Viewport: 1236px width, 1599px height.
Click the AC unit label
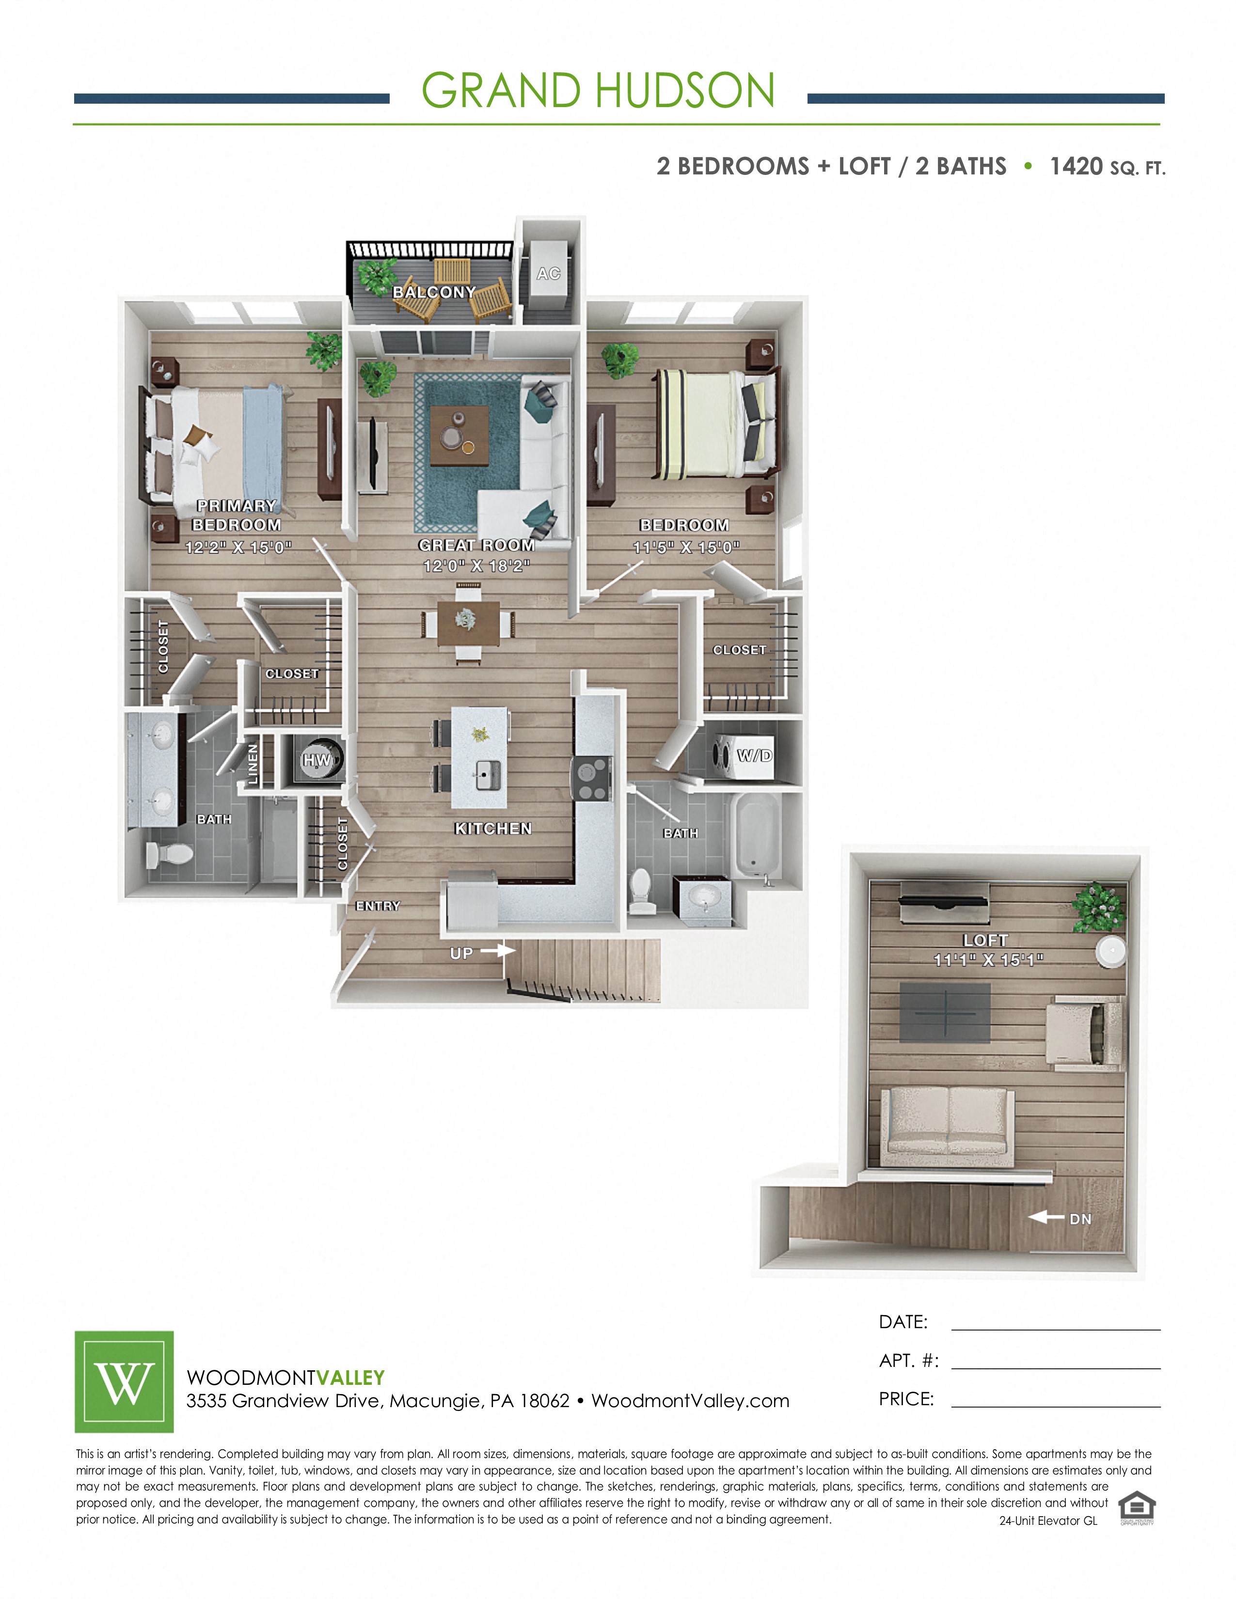coord(548,273)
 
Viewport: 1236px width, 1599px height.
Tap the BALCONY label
coord(434,292)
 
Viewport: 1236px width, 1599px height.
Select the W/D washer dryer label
coord(754,755)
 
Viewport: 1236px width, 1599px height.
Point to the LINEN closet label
coord(253,764)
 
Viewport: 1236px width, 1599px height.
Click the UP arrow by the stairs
coord(498,950)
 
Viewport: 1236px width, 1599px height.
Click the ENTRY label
coord(378,906)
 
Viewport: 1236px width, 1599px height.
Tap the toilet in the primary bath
coord(169,854)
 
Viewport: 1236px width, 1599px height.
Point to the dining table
coord(469,623)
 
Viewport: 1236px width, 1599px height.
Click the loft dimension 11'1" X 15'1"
coord(988,960)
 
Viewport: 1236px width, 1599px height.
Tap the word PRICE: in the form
coord(906,1399)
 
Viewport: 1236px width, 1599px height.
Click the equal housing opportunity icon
coord(1137,1509)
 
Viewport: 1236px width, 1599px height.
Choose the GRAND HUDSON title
coord(598,91)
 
